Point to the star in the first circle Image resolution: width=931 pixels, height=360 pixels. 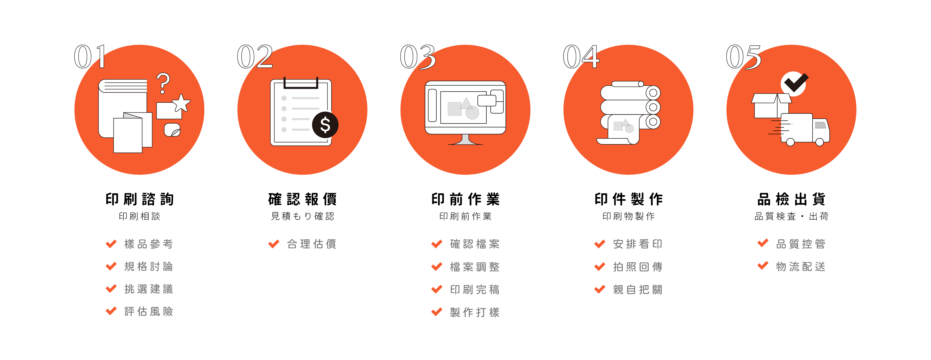[181, 103]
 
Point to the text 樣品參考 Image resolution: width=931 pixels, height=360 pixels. [149, 244]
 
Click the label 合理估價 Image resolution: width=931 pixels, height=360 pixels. [312, 244]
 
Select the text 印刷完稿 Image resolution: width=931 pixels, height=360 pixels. [474, 289]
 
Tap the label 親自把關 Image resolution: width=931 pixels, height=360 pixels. [638, 289]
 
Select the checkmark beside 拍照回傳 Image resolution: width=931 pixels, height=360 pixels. [600, 267]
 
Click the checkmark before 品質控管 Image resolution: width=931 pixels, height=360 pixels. [762, 244]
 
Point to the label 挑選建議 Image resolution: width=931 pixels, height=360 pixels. [149, 289]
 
